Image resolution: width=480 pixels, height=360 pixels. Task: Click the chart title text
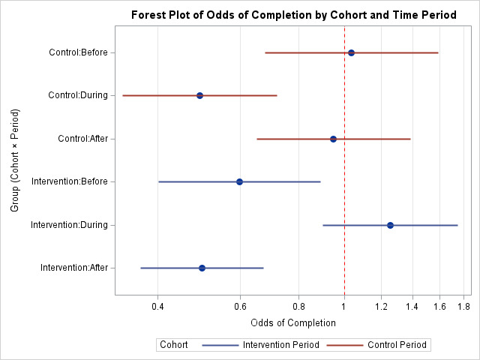point(294,15)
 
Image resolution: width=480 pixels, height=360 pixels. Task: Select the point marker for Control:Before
point(351,52)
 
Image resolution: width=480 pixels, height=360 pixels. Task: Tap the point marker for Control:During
point(199,95)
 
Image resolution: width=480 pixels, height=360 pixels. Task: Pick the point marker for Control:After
point(333,139)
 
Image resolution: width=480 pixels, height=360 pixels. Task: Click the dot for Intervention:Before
point(239,181)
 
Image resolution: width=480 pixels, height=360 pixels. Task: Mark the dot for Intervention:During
point(390,225)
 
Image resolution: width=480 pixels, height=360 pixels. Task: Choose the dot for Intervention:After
point(202,268)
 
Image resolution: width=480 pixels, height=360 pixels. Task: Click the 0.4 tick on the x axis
point(157,306)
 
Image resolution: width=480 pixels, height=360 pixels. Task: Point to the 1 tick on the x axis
point(344,306)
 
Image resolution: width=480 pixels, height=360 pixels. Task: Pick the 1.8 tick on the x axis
point(463,306)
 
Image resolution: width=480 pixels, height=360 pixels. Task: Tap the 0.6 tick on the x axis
point(239,306)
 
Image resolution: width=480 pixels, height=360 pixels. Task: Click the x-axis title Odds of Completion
point(293,322)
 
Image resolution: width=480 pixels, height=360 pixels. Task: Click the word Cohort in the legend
point(174,345)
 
